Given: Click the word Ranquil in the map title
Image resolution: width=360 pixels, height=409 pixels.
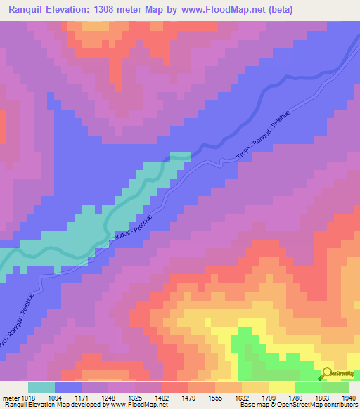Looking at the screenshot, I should pyautogui.click(x=27, y=9).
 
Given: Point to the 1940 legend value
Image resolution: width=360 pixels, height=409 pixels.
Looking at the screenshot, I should pyautogui.click(x=349, y=398).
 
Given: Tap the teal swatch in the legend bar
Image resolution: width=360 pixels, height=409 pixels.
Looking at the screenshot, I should pyautogui.click(x=41, y=387).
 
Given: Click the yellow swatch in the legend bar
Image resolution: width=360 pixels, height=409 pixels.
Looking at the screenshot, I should pyautogui.click(x=282, y=387).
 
